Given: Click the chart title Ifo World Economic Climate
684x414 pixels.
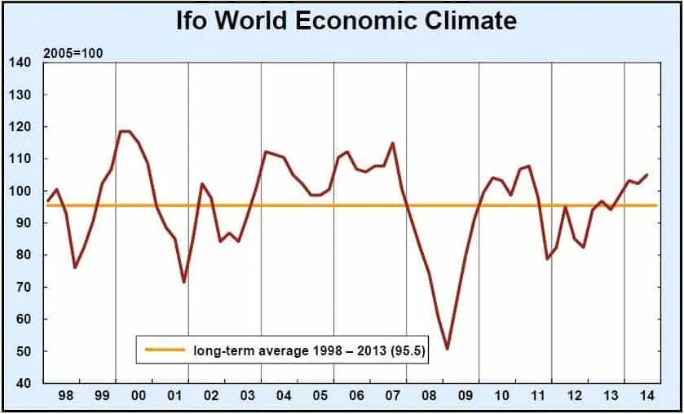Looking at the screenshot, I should click(346, 20).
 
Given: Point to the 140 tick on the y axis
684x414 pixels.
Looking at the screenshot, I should click(20, 63).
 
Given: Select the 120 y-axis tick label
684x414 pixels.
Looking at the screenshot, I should click(20, 127).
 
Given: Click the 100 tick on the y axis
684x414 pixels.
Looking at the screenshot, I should click(20, 192).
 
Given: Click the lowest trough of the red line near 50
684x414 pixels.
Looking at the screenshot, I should click(447, 349).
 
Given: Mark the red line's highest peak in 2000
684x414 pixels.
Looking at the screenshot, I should click(124, 131).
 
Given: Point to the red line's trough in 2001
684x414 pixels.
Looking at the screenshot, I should click(183, 282).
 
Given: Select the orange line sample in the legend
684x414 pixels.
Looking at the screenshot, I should click(165, 350).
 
